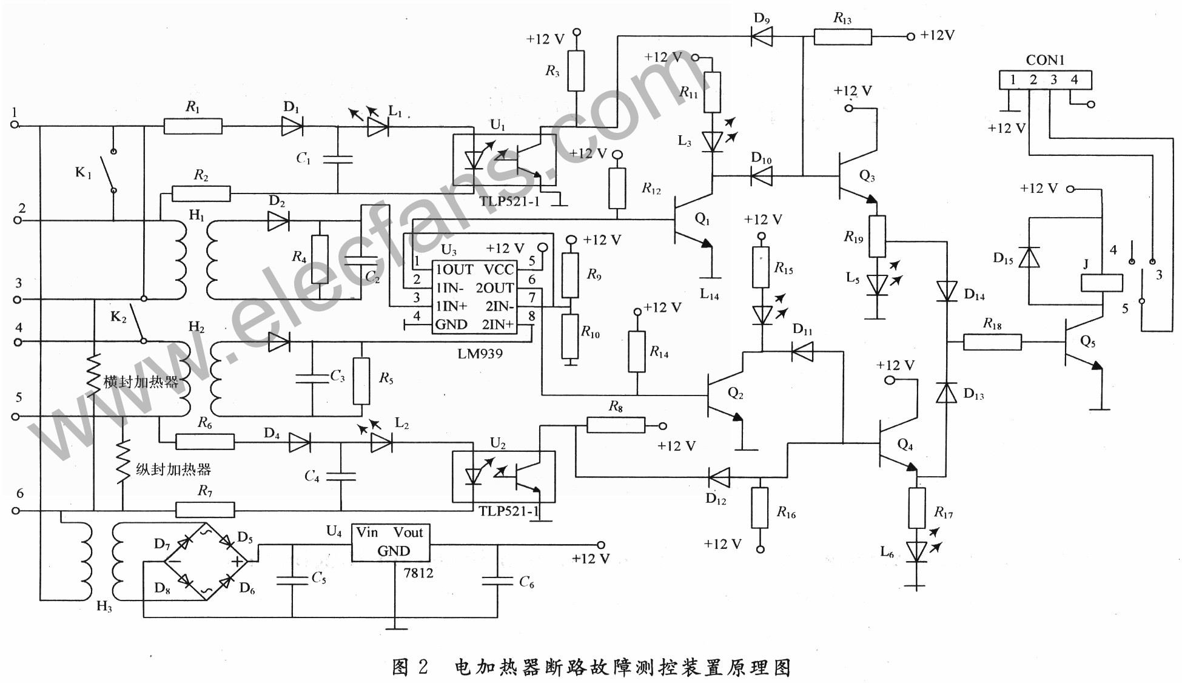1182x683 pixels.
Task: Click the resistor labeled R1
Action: coord(193,126)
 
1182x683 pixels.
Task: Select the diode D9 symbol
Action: coord(762,36)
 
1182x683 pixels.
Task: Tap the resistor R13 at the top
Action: coord(842,36)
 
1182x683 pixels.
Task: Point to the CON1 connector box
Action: coord(1046,80)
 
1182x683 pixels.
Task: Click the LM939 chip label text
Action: coord(480,353)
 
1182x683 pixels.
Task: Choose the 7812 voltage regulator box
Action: coord(391,542)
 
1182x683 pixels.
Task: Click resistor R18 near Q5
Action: coord(992,343)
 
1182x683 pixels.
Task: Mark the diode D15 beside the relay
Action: coord(1029,257)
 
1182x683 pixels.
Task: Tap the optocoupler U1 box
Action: coord(505,160)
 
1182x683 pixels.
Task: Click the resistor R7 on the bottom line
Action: coord(205,510)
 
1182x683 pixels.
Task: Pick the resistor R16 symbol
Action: coord(760,507)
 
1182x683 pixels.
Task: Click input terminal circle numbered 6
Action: coord(16,511)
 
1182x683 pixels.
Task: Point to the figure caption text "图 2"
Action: coord(410,667)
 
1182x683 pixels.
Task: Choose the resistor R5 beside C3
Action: coord(361,380)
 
